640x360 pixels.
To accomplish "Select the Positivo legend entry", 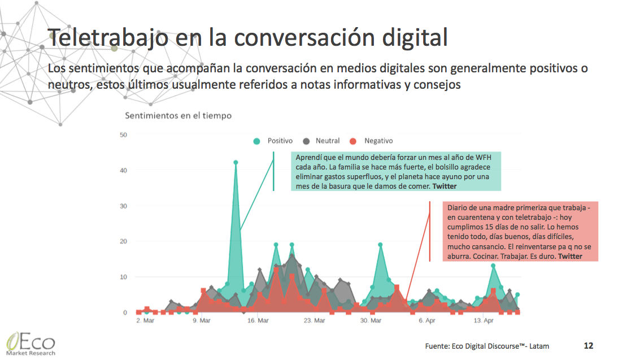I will [x=274, y=141].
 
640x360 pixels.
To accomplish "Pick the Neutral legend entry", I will [x=322, y=141].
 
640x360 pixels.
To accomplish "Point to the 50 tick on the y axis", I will [x=124, y=135].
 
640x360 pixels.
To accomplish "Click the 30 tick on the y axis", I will [x=124, y=206].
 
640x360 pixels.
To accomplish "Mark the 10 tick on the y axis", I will [x=124, y=277].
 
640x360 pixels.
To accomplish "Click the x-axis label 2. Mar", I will [x=146, y=320].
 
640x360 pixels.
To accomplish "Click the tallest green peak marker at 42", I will [x=236, y=163].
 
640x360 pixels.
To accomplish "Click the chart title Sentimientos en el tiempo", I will [x=178, y=115].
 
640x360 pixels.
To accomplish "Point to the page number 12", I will [x=588, y=345].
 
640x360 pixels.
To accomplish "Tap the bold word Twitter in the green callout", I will [x=445, y=186].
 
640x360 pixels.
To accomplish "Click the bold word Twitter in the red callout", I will [x=570, y=257].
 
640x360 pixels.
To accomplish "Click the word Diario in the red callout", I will [x=459, y=207].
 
